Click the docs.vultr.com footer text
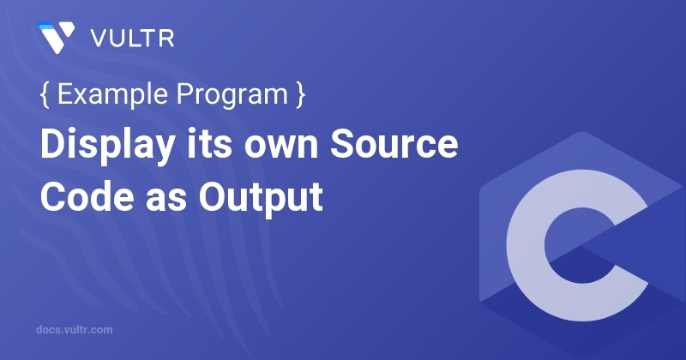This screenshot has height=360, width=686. click(75, 329)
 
